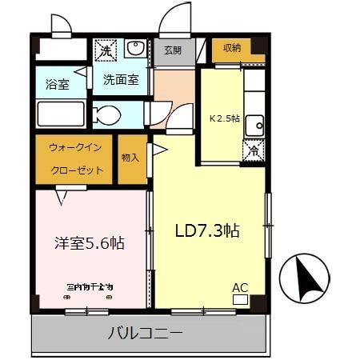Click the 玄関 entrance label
click(173, 50)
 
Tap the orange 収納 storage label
click(233, 46)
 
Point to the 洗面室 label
click(121, 80)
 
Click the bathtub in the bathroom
click(61, 114)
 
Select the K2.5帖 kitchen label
click(226, 118)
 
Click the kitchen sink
click(254, 123)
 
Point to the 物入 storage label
click(130, 158)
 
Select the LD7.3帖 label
click(207, 230)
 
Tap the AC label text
click(240, 287)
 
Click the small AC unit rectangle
click(240, 299)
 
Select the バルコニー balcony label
click(145, 334)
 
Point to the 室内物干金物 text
click(89, 286)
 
